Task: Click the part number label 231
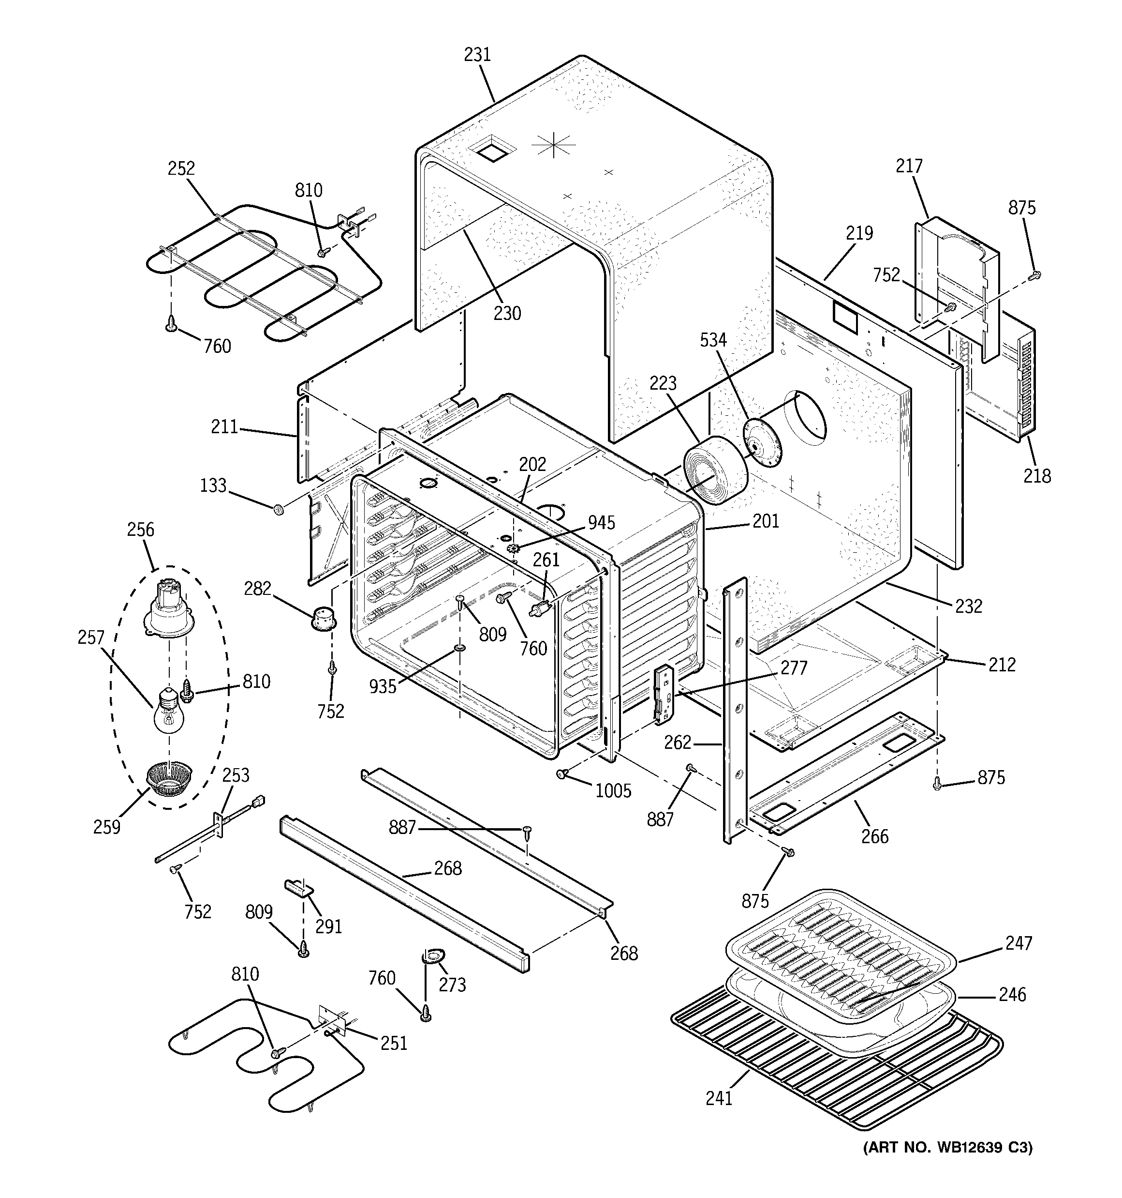point(477,55)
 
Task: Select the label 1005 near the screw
point(613,790)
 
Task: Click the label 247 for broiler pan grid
point(1018,942)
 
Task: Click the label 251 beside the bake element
point(394,1043)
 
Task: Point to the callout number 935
point(383,686)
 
